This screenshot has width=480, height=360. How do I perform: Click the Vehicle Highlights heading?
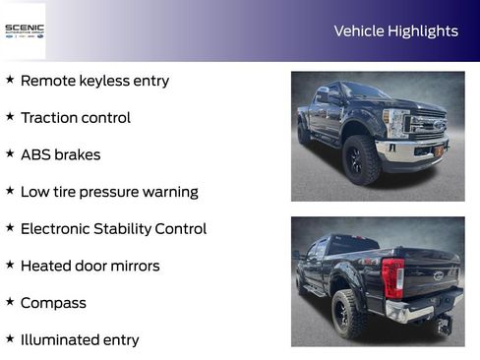click(395, 31)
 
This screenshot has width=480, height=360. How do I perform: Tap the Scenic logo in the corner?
click(25, 30)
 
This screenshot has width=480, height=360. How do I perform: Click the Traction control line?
click(75, 118)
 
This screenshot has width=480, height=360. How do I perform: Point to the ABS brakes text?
click(60, 154)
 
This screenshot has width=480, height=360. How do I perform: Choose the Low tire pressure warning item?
click(109, 192)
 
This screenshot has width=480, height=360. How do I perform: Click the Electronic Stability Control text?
click(113, 229)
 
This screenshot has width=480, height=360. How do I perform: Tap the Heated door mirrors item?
click(90, 266)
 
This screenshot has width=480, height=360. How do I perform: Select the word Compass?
click(53, 303)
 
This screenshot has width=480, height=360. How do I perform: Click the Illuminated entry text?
click(80, 340)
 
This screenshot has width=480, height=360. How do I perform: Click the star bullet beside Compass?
click(10, 302)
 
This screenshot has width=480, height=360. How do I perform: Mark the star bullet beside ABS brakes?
click(10, 153)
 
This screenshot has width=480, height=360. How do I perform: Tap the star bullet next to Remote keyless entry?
click(10, 80)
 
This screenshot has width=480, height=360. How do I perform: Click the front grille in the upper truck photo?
click(427, 126)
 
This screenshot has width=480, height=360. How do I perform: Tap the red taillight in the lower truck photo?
click(392, 277)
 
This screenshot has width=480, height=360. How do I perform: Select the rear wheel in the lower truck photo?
click(350, 313)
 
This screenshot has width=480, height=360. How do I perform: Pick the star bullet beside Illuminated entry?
click(10, 339)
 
